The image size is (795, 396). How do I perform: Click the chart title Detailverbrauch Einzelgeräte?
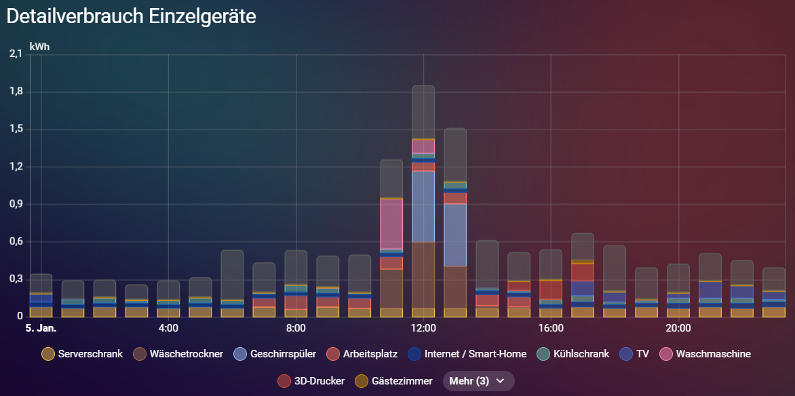[132, 16]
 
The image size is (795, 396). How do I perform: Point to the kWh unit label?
[39, 47]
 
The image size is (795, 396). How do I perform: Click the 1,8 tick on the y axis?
[16, 92]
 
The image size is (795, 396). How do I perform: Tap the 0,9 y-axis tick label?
[16, 204]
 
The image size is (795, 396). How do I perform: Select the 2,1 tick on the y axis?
[16, 54]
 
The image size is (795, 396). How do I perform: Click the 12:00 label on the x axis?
[423, 329]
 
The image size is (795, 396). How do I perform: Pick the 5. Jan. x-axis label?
[41, 329]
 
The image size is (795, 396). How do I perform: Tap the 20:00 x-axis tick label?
[678, 329]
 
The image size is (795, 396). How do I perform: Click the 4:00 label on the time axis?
[168, 329]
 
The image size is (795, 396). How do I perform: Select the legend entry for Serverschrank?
[82, 353]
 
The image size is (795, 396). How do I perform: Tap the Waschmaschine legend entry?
[704, 353]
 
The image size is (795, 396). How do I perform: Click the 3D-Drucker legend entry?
[311, 381]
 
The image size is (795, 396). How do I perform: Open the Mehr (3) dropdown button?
[478, 381]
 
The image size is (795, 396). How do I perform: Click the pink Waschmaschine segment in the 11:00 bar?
[391, 224]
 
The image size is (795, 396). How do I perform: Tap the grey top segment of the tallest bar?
[423, 112]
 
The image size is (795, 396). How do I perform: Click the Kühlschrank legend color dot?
[543, 353]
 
